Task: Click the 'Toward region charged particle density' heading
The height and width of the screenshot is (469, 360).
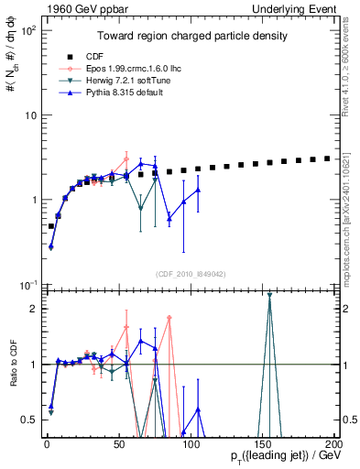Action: [x=192, y=36]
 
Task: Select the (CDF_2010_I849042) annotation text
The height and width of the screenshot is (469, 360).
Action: [x=191, y=273]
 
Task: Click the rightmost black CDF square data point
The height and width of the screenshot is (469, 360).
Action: [x=327, y=158]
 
